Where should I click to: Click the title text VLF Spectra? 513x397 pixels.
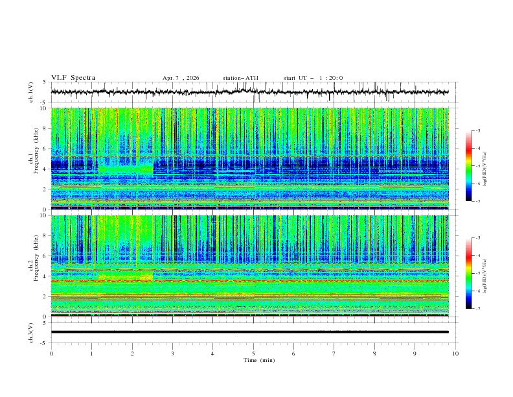(73, 78)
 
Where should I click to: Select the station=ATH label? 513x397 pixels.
(240, 78)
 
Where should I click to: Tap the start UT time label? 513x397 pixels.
(313, 78)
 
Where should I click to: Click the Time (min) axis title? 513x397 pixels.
(253, 360)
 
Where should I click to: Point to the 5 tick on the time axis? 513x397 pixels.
(253, 354)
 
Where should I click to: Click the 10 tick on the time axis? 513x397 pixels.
(455, 354)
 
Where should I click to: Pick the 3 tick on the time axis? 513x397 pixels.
(172, 354)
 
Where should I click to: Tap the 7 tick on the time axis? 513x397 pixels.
(334, 354)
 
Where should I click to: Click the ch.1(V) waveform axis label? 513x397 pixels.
(31, 92)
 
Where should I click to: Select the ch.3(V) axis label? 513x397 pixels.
(31, 332)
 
